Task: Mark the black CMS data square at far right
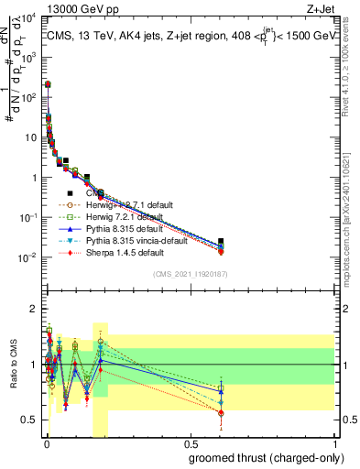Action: coord(221,242)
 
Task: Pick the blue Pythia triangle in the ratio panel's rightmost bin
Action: coord(221,391)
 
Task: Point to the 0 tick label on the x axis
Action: coord(46,444)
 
